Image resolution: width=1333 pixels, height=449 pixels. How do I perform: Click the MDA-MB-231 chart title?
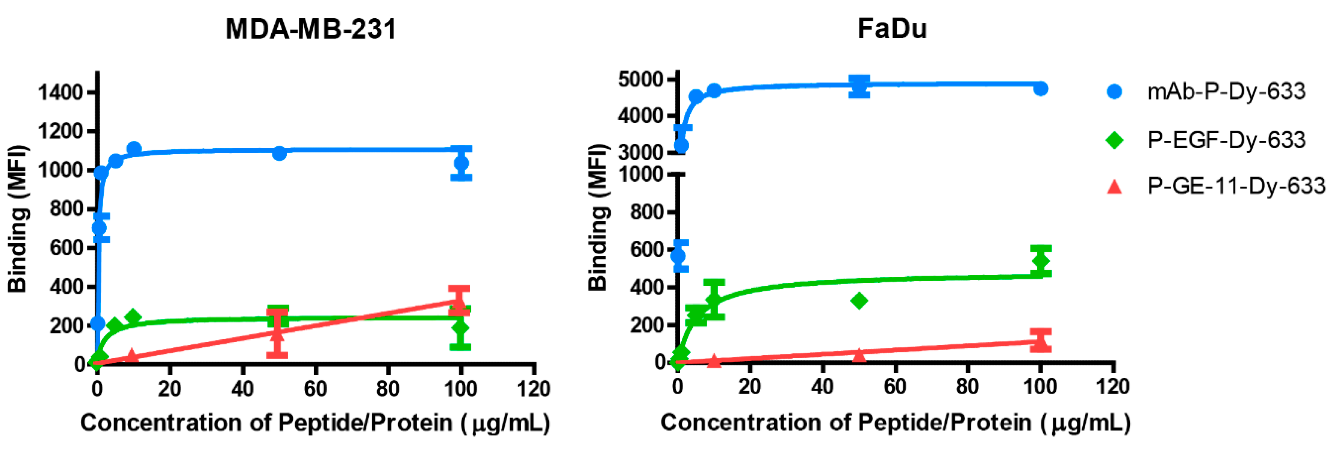click(x=310, y=29)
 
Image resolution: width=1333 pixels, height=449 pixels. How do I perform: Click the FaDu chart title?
click(x=892, y=29)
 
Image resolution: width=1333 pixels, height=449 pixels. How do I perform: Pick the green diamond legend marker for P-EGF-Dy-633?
click(x=1114, y=140)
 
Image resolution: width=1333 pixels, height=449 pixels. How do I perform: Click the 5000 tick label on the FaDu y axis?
click(x=640, y=79)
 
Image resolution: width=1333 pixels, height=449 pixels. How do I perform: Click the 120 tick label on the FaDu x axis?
click(x=1113, y=387)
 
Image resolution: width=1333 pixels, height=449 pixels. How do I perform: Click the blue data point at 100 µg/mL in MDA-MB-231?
click(x=461, y=163)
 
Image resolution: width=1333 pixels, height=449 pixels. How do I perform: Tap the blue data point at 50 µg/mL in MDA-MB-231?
click(x=280, y=153)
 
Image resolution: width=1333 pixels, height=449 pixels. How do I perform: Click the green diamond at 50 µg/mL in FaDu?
click(x=859, y=300)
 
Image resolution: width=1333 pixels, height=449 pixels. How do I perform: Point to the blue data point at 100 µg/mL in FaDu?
click(x=1041, y=89)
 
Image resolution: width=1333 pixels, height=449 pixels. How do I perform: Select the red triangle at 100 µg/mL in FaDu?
click(x=1041, y=340)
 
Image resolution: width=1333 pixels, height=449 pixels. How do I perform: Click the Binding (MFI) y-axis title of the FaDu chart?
click(x=598, y=218)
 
